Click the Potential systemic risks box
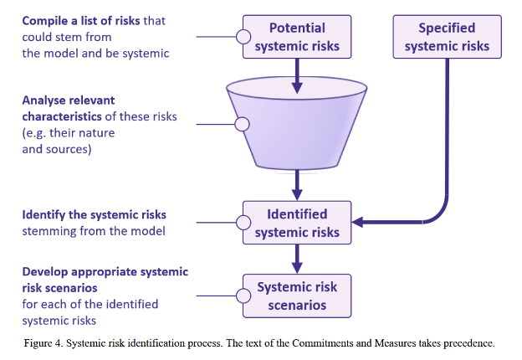[x=296, y=37]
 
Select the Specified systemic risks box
[x=447, y=37]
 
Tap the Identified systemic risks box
[x=296, y=223]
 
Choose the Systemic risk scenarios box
[x=296, y=296]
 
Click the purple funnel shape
[x=296, y=126]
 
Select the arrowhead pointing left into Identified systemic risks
[x=359, y=223]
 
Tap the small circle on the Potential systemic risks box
[x=243, y=37]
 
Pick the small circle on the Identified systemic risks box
[x=243, y=223]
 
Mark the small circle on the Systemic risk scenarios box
[x=243, y=296]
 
